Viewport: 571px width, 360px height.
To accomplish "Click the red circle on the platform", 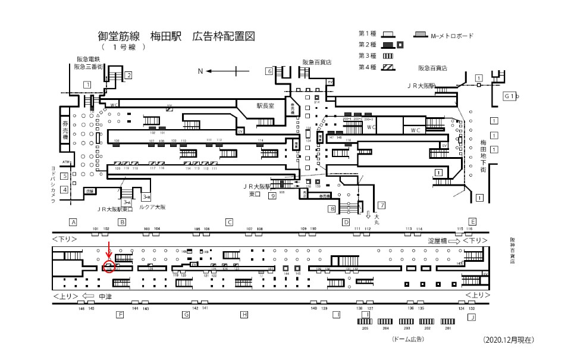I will [x=108, y=267].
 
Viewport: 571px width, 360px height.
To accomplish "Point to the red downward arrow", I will [x=108, y=249].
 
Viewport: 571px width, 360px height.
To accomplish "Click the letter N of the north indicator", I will [x=200, y=71].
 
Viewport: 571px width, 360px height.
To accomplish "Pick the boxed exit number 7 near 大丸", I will [x=382, y=205].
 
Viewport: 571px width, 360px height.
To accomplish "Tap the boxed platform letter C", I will [x=228, y=222].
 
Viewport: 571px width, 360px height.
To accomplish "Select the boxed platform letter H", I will [x=243, y=314].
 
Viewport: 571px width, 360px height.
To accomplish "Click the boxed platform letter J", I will [x=472, y=318].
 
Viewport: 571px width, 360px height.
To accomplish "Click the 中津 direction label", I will [x=105, y=296].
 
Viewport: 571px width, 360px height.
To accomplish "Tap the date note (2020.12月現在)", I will [x=509, y=340].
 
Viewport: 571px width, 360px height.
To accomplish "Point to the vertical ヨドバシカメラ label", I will [x=53, y=184].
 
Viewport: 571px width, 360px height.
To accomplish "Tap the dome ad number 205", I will [x=365, y=328].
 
